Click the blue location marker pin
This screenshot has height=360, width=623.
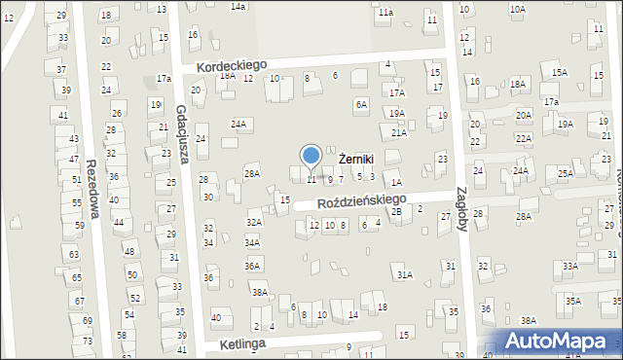point(311,157)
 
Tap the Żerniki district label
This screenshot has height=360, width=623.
point(356,158)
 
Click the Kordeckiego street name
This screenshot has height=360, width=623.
point(231,65)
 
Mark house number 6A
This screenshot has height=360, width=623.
point(361,104)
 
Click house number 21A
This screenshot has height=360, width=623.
point(398,132)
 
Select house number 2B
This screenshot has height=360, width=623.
point(396,211)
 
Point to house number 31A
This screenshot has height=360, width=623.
point(404,275)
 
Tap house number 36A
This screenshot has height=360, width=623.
point(252,266)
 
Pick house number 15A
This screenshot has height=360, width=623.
point(559,73)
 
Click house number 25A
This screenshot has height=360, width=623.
point(565,173)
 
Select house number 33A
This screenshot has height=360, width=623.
point(569,266)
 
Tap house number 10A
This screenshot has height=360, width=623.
point(517,9)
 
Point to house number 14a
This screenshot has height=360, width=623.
point(238,6)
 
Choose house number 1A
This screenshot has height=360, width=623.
point(396,182)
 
